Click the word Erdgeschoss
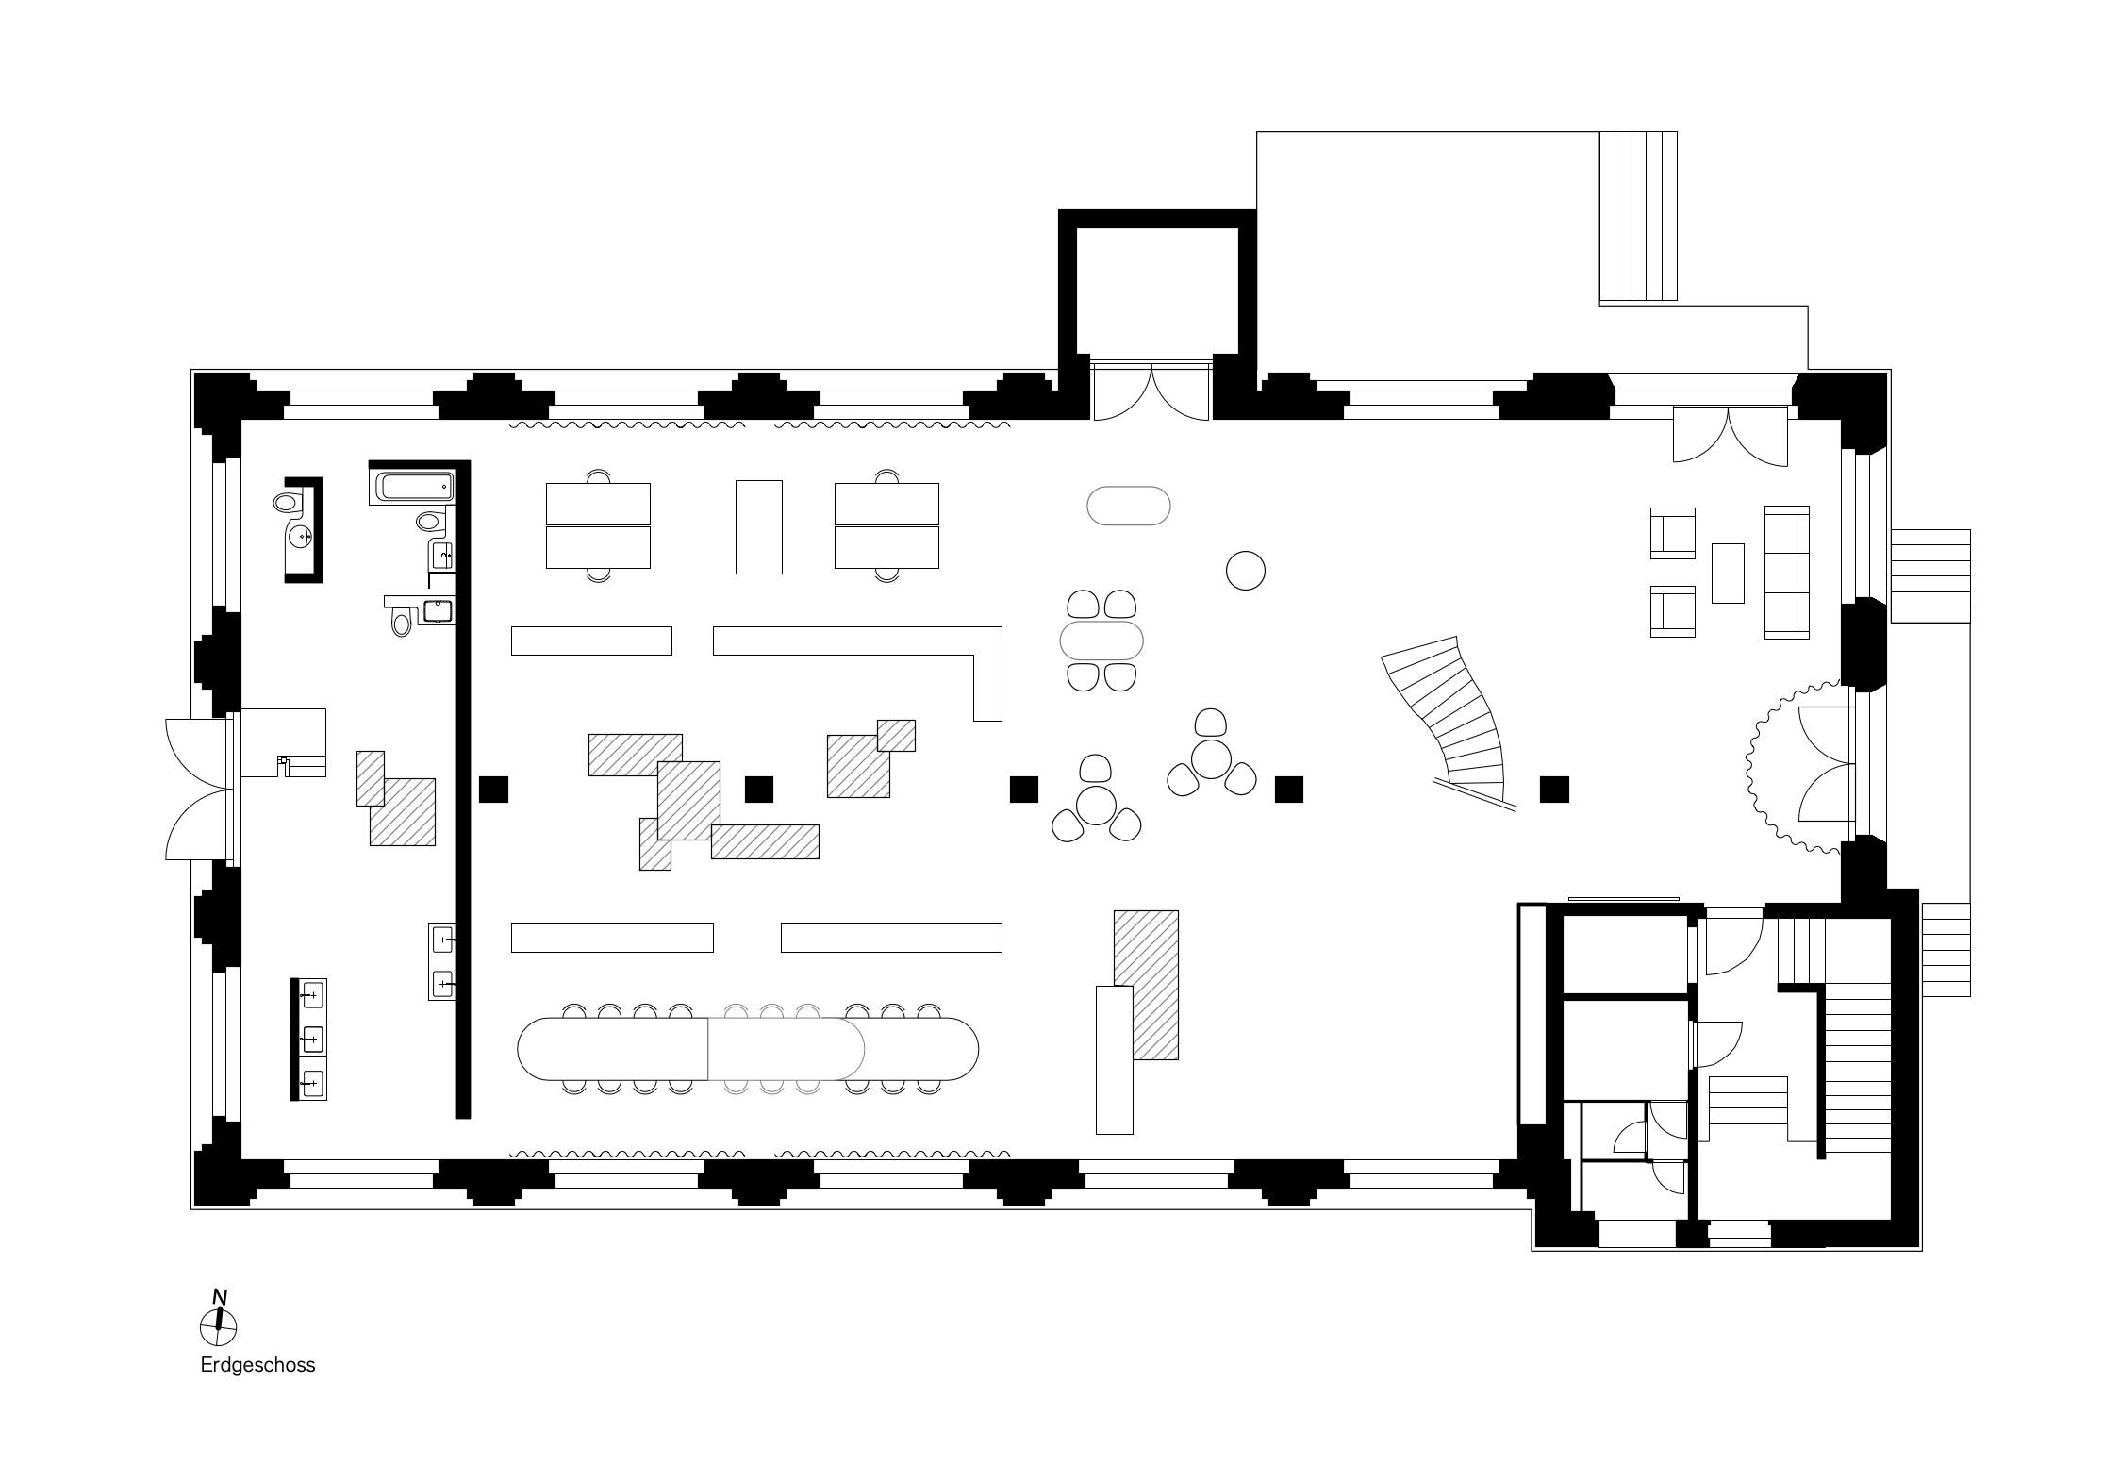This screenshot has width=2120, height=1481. [257, 1365]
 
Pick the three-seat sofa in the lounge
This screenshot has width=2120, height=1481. [1787, 573]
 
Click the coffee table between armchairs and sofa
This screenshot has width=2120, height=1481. [1728, 573]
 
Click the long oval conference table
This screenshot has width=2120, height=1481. [748, 1048]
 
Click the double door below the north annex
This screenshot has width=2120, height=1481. [1151, 391]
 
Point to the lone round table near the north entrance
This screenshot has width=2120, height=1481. [1245, 571]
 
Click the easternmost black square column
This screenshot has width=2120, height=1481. [1554, 789]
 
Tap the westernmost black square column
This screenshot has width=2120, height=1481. [493, 789]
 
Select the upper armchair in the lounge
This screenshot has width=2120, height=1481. [1673, 533]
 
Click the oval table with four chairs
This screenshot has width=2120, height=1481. [1101, 641]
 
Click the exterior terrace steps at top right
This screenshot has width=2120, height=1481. [1638, 216]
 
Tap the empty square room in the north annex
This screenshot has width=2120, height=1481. [1157, 291]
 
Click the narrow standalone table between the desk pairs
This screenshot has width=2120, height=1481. [759, 526]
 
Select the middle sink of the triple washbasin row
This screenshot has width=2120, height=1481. [309, 1040]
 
